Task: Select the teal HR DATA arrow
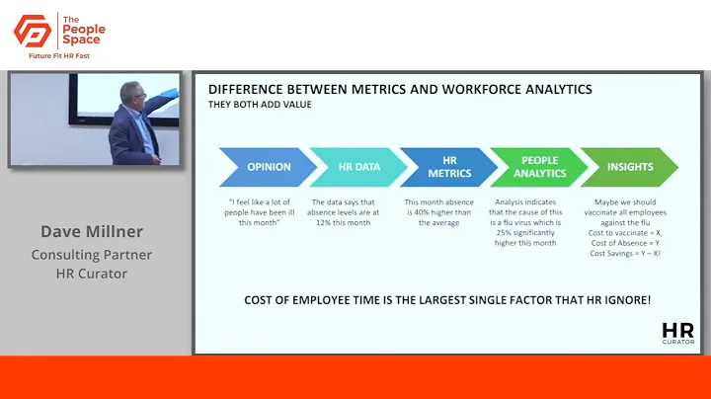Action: coord(355,167)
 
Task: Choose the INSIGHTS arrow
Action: coord(628,167)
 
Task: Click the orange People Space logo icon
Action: coord(32,32)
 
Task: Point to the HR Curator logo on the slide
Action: coord(677,333)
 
